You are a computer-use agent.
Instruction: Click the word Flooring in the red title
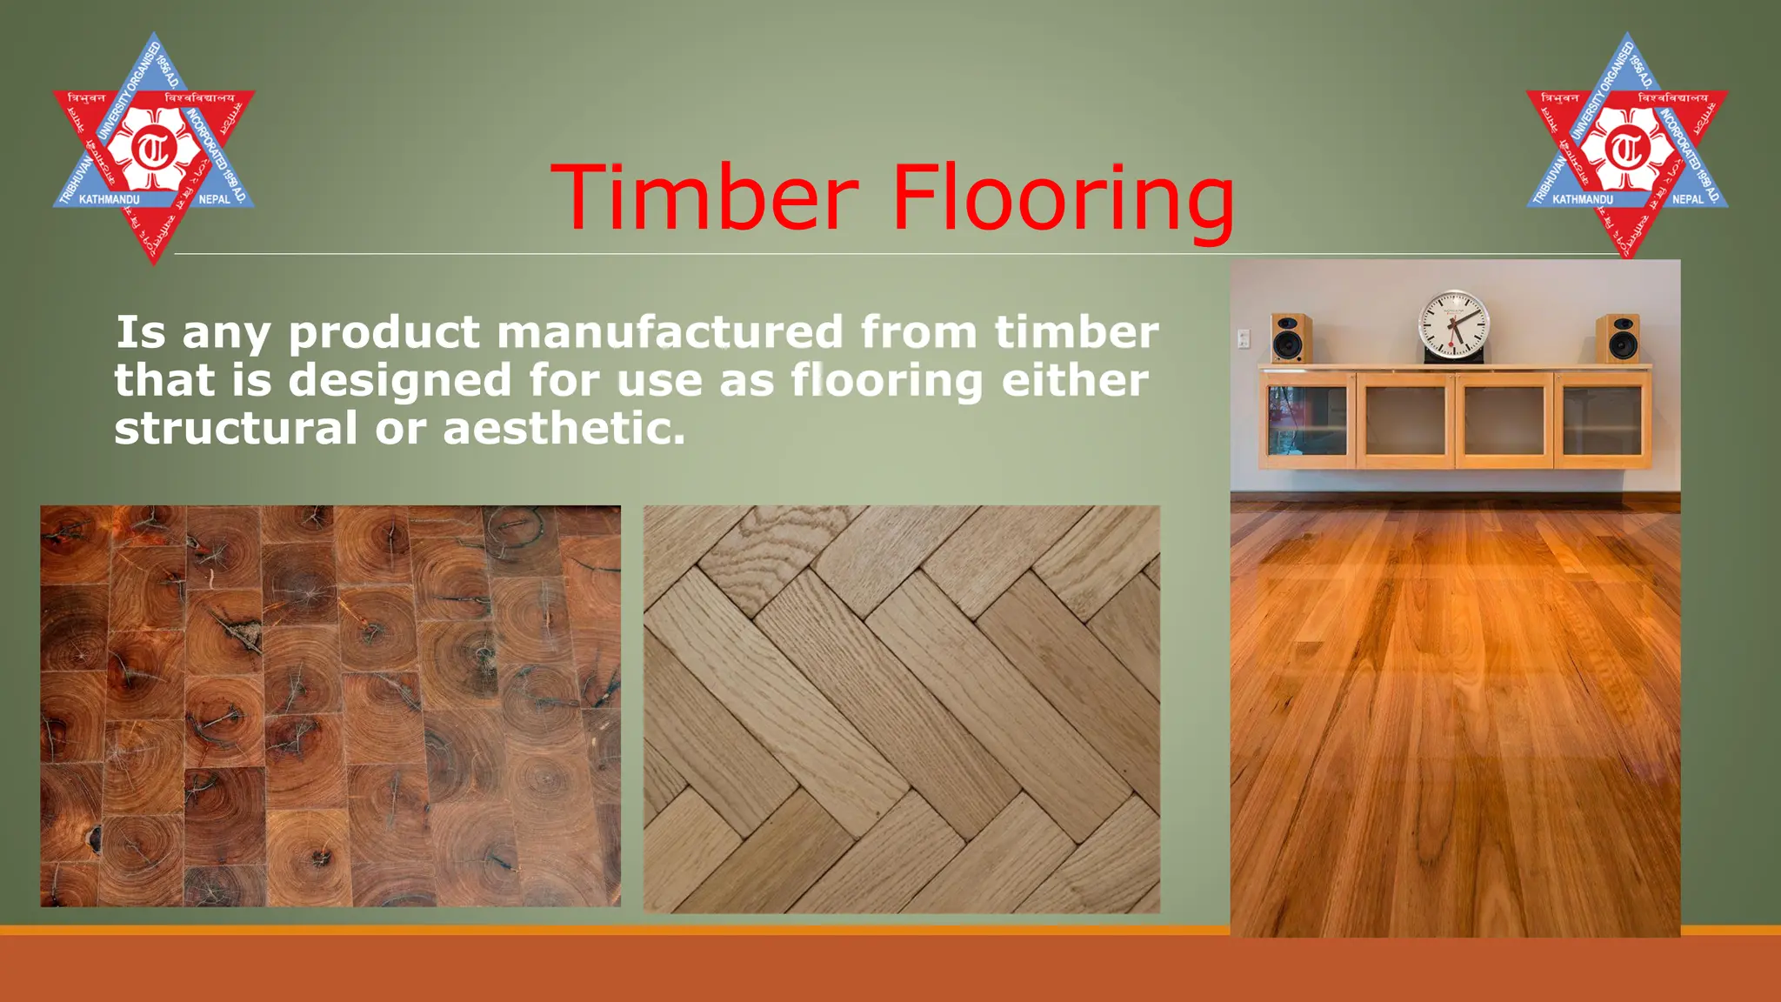1063,200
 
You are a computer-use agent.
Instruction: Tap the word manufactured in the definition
670,332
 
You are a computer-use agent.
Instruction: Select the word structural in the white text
235,428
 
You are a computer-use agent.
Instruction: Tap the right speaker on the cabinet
1618,338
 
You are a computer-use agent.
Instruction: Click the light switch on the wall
1244,338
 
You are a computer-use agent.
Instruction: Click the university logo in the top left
154,148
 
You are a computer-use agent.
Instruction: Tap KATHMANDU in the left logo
109,200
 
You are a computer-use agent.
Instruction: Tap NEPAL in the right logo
1688,199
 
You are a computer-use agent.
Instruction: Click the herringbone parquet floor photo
901,709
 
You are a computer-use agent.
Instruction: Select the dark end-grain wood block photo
330,705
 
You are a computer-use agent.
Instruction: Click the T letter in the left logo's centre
154,149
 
